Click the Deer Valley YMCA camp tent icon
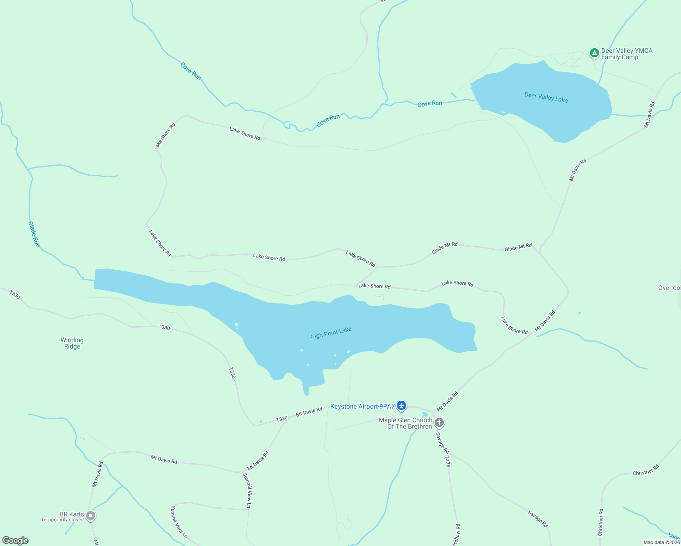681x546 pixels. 594,53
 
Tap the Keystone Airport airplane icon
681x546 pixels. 401,405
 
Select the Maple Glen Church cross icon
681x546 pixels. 439,423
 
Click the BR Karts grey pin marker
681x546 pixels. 91,516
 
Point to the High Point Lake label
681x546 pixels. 331,333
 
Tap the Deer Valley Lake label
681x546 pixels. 546,97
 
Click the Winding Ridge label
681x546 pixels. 72,343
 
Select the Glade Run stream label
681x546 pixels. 34,234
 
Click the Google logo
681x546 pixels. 15,541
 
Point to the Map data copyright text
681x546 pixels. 661,542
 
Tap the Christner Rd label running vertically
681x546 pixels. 601,522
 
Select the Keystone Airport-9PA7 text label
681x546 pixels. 362,406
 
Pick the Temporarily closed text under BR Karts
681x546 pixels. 62,520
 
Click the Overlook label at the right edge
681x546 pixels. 669,288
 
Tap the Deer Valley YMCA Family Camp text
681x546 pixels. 626,54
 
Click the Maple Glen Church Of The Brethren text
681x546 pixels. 406,423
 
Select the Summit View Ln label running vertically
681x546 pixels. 247,490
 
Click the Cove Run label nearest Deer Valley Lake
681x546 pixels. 430,104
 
